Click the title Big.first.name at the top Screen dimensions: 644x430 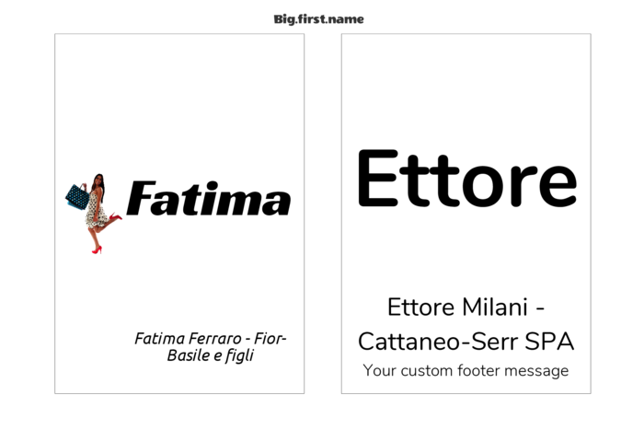318,19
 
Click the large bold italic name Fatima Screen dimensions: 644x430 209,199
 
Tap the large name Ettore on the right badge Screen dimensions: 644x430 467,179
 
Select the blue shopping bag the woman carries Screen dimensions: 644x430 77,196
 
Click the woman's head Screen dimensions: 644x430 99,180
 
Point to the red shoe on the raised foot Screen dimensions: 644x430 115,216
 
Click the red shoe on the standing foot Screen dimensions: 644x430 97,250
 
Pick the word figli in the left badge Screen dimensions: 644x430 239,356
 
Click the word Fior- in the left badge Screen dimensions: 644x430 270,339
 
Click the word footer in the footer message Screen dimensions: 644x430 479,370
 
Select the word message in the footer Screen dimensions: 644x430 536,372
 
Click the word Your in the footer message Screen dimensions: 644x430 379,370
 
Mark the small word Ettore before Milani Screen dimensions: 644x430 417,308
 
